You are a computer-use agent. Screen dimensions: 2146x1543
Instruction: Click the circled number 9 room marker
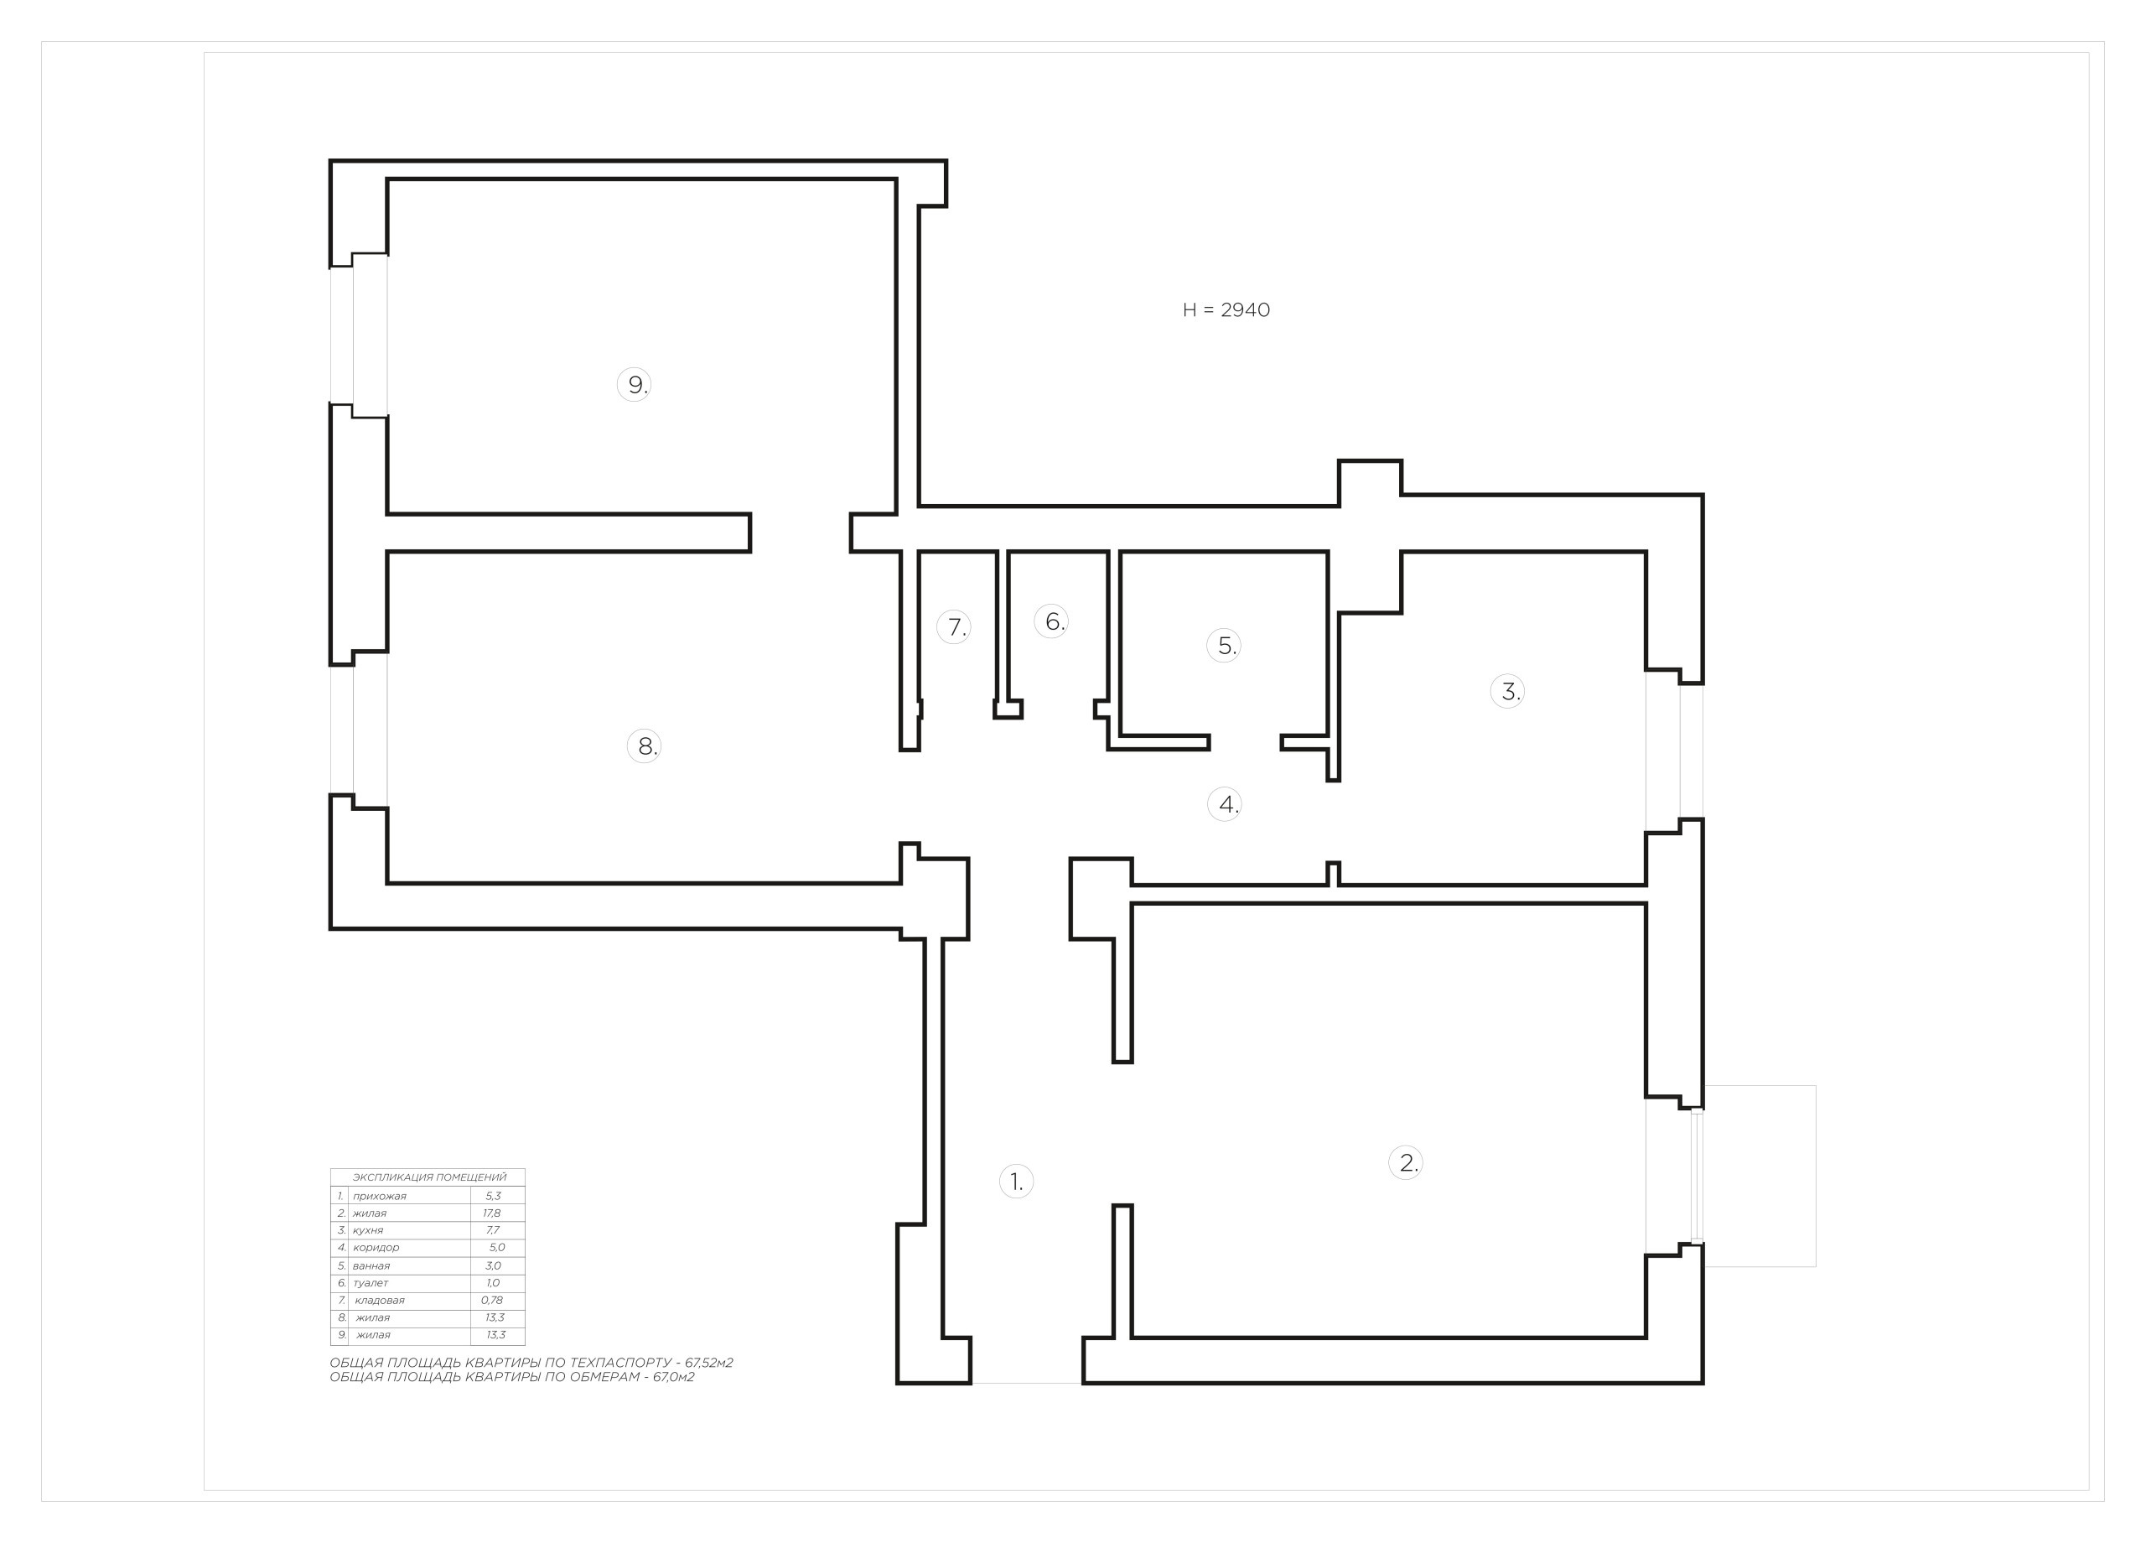click(634, 384)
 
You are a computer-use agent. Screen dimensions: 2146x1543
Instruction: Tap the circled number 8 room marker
click(645, 746)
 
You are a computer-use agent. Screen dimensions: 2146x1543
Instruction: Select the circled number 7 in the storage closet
click(954, 626)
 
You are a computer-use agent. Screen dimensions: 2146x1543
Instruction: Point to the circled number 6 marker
click(1051, 621)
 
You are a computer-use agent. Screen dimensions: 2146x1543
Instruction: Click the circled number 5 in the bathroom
click(1225, 646)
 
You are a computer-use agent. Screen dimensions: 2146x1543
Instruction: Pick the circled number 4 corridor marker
click(1226, 805)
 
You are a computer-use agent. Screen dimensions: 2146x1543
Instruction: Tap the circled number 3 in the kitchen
click(1507, 691)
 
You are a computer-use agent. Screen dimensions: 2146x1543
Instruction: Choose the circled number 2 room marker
click(1406, 1162)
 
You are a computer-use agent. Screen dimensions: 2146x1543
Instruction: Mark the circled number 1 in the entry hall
click(1016, 1182)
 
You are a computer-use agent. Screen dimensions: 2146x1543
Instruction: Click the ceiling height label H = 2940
click(1226, 310)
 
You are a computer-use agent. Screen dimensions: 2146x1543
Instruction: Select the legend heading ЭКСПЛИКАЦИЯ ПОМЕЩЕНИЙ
click(429, 1177)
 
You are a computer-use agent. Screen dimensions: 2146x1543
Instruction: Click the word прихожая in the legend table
click(380, 1196)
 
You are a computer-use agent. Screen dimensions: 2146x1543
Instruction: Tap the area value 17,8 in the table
click(492, 1213)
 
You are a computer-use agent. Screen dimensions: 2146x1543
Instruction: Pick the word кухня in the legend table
click(368, 1229)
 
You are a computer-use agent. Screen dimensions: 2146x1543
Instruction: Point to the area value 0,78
click(492, 1300)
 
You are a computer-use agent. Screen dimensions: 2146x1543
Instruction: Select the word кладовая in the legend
click(380, 1300)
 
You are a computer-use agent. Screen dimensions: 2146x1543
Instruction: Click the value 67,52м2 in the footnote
click(710, 1362)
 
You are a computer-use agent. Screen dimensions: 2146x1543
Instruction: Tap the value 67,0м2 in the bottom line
click(674, 1376)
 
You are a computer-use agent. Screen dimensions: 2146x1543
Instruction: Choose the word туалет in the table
click(370, 1283)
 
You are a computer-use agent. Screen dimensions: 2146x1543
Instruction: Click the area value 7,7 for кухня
click(492, 1229)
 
